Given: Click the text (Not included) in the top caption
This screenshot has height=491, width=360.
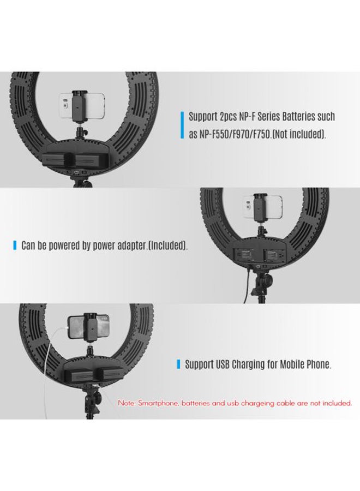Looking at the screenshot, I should tap(300, 135).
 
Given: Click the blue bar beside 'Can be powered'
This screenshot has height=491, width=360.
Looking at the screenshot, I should tap(15, 245).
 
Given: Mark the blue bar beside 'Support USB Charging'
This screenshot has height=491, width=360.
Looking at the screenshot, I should tap(178, 364).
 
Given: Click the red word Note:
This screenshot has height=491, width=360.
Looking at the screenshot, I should tap(127, 403).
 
